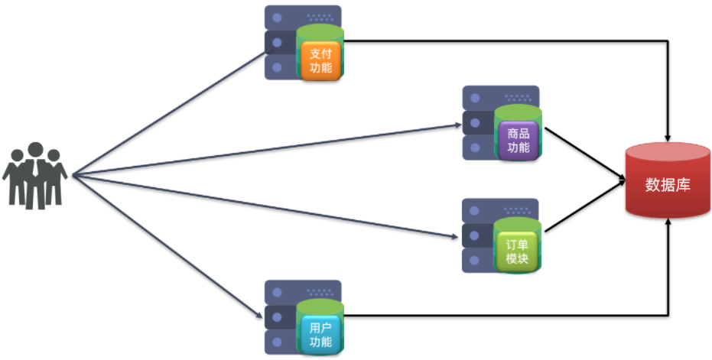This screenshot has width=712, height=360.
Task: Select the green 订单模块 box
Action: coord(518,252)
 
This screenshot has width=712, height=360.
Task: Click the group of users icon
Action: coord(35,175)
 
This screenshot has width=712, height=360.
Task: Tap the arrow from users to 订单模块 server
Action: coord(268,204)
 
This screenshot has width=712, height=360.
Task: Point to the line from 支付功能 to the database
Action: coord(505,41)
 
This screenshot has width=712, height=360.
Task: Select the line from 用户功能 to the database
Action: coord(505,314)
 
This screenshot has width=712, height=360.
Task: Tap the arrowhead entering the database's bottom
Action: coord(669,223)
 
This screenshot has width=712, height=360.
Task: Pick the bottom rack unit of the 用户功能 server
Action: coord(280,342)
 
